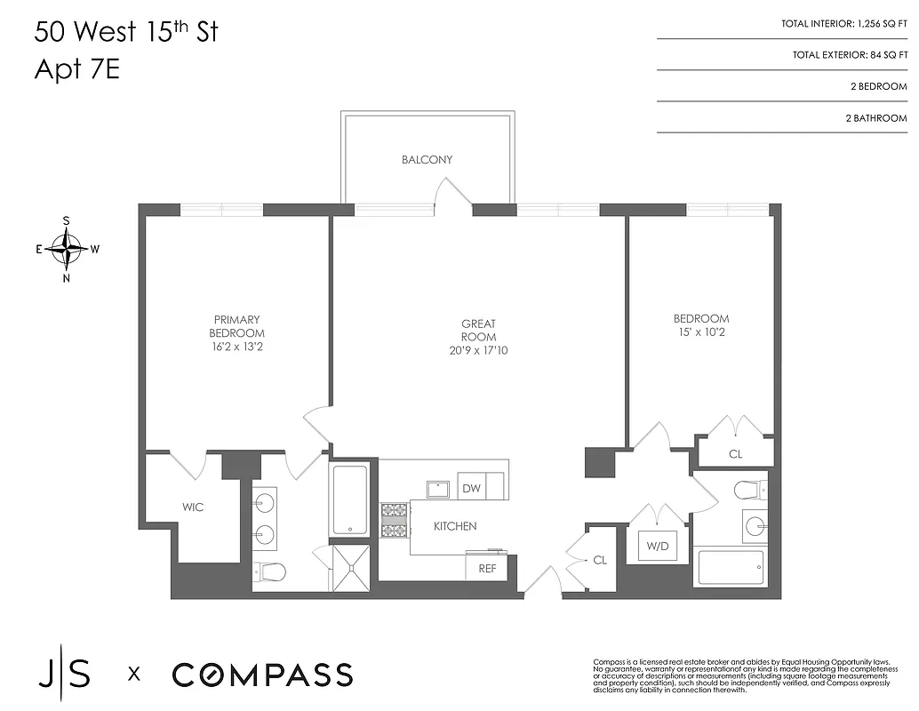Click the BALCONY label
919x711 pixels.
(427, 160)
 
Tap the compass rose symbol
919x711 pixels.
(67, 249)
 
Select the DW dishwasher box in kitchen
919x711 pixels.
(471, 488)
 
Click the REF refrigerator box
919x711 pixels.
(487, 568)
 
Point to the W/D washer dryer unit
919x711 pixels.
(658, 546)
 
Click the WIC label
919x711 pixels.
(193, 507)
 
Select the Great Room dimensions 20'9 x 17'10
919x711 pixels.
(478, 350)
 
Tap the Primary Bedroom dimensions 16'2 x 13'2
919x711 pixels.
(236, 347)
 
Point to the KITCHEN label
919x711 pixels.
(455, 526)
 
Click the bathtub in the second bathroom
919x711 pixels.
(730, 568)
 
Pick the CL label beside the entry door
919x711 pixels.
(600, 561)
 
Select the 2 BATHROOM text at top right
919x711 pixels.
(875, 118)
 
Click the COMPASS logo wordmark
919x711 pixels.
(262, 675)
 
